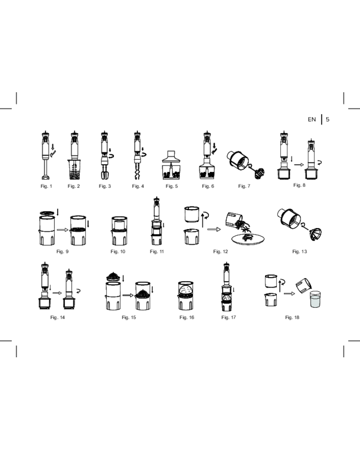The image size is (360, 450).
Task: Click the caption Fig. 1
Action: click(46, 186)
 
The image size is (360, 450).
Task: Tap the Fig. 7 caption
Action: click(244, 186)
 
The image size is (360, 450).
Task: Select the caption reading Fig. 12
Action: click(220, 252)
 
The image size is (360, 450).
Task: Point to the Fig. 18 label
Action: click(292, 317)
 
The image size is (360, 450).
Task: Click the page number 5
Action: click(328, 119)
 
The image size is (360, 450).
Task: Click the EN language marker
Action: click(312, 119)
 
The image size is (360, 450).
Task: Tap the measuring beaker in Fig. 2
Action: click(74, 170)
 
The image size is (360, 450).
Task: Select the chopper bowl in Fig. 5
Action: click(171, 171)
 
